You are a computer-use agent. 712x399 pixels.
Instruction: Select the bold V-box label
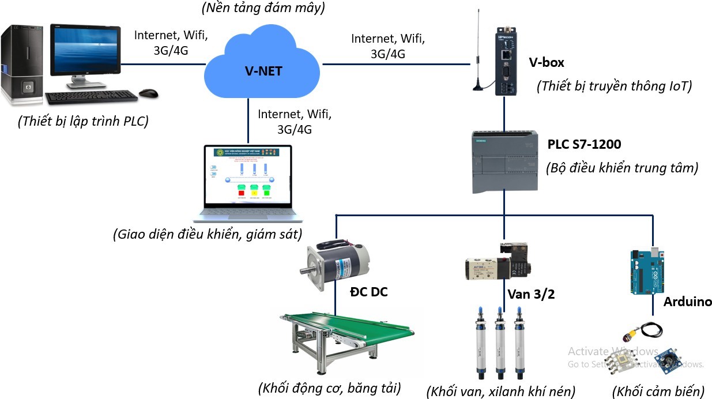point(546,62)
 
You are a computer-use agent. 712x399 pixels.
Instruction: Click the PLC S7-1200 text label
point(584,144)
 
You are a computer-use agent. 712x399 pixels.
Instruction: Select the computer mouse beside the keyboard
point(149,93)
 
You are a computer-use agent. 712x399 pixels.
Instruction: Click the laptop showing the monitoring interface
point(248,182)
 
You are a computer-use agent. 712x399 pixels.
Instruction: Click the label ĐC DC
point(369,292)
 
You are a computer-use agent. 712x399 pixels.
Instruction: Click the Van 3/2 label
point(530,295)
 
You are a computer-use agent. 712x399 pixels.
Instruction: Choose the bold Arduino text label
point(687,302)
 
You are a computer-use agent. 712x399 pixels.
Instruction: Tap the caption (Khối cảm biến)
point(658,392)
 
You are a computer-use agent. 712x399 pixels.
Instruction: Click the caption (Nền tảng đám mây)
point(263,8)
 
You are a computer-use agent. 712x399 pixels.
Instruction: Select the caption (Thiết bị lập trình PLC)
point(83,122)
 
